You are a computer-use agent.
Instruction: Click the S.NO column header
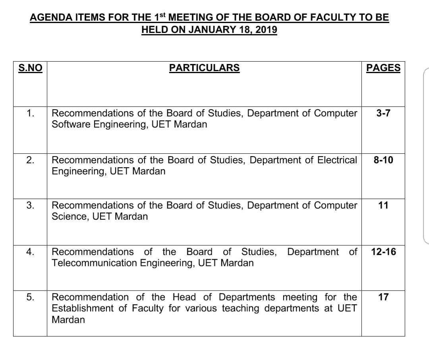click(x=30, y=68)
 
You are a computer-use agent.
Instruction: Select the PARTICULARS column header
click(x=204, y=68)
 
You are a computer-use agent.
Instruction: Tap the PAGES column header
click(x=383, y=68)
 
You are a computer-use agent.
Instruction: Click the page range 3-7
click(x=383, y=113)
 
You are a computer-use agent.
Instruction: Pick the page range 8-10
click(x=383, y=160)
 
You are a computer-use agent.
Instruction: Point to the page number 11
click(x=383, y=205)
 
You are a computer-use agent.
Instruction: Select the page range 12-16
click(x=383, y=252)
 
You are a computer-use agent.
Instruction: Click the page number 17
click(x=383, y=297)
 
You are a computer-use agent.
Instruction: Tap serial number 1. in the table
click(x=30, y=113)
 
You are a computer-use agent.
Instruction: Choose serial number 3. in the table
click(x=30, y=205)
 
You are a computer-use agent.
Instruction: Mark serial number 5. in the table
click(x=30, y=297)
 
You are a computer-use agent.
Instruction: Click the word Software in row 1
click(x=71, y=124)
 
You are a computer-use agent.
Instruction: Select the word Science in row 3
click(x=70, y=217)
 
